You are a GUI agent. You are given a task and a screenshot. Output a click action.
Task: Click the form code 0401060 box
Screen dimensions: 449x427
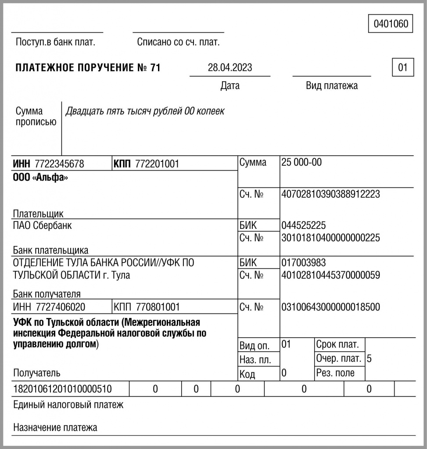[x=391, y=24]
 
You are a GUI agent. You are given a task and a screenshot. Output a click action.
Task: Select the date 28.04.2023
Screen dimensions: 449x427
[x=230, y=68]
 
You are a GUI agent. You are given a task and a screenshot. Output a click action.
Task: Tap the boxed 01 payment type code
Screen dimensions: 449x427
[x=402, y=68]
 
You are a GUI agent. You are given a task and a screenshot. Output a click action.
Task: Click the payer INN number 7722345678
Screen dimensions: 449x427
[x=59, y=164]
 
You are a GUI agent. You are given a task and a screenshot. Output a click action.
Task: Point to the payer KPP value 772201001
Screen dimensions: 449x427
[x=157, y=164]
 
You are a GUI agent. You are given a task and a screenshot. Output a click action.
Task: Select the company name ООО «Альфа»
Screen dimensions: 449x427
[x=40, y=178]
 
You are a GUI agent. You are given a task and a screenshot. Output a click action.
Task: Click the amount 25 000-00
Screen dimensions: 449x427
[x=301, y=162]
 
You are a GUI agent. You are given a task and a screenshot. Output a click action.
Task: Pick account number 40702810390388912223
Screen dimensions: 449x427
[x=330, y=194]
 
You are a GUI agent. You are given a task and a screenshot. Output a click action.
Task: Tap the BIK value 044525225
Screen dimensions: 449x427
[x=304, y=225]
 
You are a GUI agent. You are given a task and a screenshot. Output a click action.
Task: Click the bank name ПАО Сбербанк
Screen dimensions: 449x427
[x=43, y=226]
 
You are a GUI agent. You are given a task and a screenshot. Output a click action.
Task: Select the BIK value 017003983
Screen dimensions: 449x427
[x=304, y=263]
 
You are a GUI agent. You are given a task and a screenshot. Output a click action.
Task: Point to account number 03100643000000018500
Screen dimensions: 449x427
[x=330, y=307]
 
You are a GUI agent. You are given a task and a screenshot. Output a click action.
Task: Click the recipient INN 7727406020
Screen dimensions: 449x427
[x=59, y=306]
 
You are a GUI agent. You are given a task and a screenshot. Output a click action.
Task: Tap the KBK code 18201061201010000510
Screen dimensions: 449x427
[x=63, y=389]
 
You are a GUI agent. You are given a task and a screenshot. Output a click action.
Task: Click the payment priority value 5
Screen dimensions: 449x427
[x=369, y=359]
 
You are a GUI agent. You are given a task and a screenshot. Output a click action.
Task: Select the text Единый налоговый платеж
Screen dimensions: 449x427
[x=68, y=405]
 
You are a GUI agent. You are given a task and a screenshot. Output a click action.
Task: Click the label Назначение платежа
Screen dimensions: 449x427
[x=55, y=427]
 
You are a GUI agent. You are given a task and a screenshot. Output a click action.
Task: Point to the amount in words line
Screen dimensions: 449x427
[x=145, y=111]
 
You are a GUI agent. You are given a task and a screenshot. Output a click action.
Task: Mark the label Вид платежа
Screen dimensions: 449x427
[x=331, y=86]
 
